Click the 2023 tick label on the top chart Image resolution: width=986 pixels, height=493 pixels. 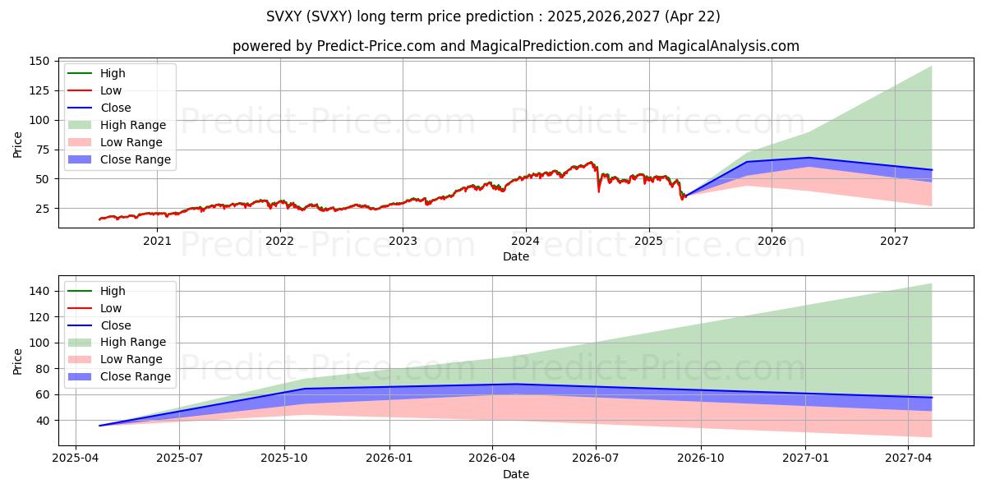point(403,241)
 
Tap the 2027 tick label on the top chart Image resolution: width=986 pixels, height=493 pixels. point(894,241)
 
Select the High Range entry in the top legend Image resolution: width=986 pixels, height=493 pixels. point(133,125)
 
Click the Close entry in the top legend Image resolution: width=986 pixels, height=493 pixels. point(116,108)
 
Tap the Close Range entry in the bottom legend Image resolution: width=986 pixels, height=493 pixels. point(136,376)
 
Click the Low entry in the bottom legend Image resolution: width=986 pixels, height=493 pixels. point(111,308)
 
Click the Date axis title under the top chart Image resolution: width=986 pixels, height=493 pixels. point(516,256)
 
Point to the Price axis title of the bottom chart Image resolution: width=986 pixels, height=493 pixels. point(18,361)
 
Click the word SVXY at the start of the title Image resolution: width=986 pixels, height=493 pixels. point(284,16)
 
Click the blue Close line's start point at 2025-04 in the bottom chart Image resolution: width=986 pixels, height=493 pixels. point(99,426)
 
